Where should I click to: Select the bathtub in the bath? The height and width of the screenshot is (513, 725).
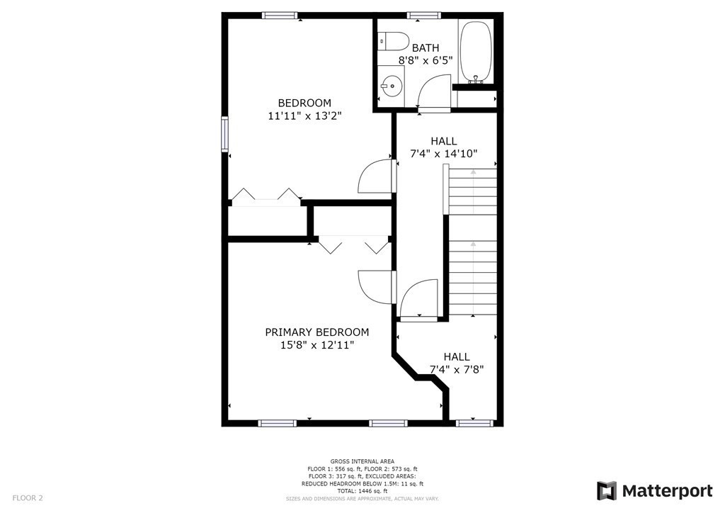pyautogui.click(x=476, y=52)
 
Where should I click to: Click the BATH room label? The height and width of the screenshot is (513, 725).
pyautogui.click(x=426, y=47)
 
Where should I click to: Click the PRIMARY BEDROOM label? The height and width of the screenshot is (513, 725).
pyautogui.click(x=316, y=332)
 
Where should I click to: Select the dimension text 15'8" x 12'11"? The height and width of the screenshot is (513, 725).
pyautogui.click(x=316, y=345)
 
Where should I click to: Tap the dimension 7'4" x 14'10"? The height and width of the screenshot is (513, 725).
pyautogui.click(x=444, y=153)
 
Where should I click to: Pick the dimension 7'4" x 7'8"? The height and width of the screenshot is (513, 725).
pyautogui.click(x=456, y=369)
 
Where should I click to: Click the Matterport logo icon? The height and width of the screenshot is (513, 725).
pyautogui.click(x=607, y=491)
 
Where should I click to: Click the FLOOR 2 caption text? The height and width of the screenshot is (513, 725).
pyautogui.click(x=28, y=498)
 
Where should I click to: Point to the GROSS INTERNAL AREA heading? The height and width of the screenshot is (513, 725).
pyautogui.click(x=362, y=461)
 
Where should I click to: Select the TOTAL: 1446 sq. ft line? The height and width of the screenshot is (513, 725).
pyautogui.click(x=362, y=491)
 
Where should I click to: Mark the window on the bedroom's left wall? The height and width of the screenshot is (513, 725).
pyautogui.click(x=225, y=134)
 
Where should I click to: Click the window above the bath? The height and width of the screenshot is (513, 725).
pyautogui.click(x=423, y=15)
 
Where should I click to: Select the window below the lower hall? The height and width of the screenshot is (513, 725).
pyautogui.click(x=474, y=423)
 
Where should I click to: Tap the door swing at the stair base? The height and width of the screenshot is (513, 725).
pyautogui.click(x=418, y=301)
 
